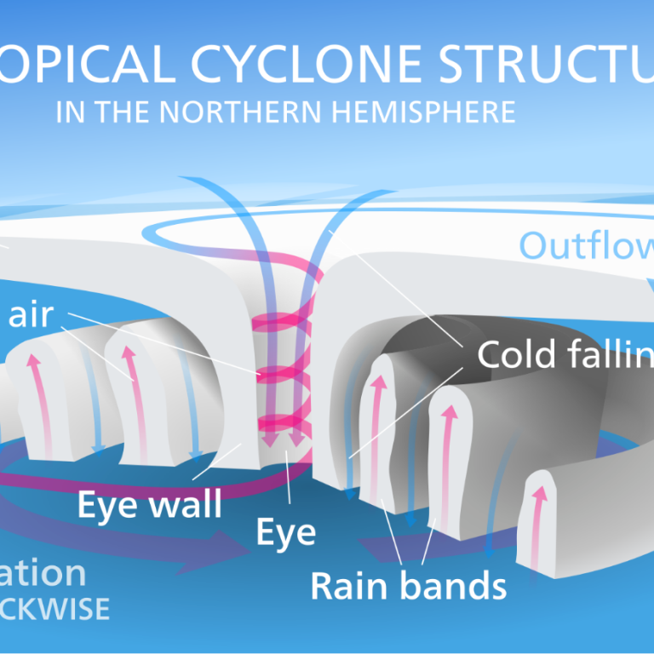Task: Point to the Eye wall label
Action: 149,505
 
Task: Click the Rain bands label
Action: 408,586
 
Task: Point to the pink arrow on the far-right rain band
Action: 538,528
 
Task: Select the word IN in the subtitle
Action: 69,112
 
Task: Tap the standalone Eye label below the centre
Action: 286,531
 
